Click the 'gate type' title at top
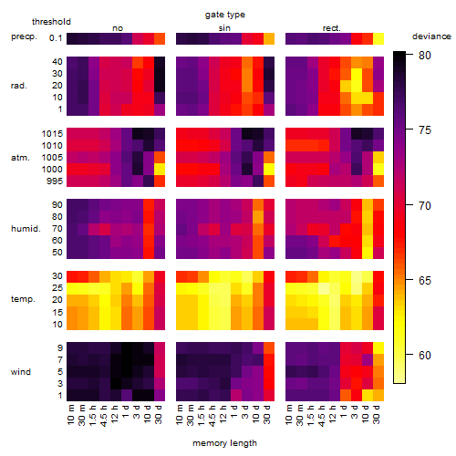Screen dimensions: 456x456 click(x=225, y=15)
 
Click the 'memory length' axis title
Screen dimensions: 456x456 click(x=224, y=443)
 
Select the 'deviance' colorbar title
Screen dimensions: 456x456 click(x=431, y=36)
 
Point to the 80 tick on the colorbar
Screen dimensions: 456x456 click(x=409, y=55)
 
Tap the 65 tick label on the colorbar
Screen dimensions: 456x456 click(x=425, y=280)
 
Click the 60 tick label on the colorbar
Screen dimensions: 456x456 click(x=425, y=355)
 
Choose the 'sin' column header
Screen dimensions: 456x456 click(x=224, y=28)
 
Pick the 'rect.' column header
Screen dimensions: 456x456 click(x=332, y=28)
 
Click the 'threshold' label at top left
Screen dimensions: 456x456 click(x=51, y=22)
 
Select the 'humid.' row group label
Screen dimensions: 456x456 click(x=26, y=229)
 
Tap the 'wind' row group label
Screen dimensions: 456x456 click(x=21, y=372)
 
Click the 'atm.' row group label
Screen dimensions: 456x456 click(x=20, y=158)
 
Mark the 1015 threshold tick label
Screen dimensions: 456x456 click(x=52, y=134)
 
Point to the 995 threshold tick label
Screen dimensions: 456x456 click(x=55, y=181)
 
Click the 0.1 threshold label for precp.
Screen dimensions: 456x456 click(x=56, y=38)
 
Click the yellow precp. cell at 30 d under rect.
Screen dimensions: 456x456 click(x=378, y=38)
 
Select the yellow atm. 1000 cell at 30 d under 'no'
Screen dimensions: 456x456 click(x=160, y=170)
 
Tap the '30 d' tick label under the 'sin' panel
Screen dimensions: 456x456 click(x=266, y=414)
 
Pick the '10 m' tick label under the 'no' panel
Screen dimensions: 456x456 click(x=70, y=414)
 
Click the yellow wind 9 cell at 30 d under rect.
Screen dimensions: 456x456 click(x=378, y=348)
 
